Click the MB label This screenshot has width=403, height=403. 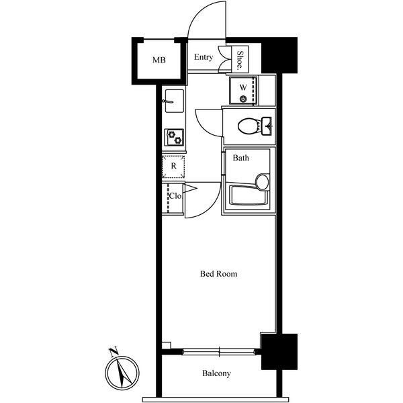pyautogui.click(x=159, y=60)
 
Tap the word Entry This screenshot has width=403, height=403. pyautogui.click(x=204, y=57)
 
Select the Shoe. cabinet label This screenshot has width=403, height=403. pyautogui.click(x=240, y=60)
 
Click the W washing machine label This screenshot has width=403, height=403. pyautogui.click(x=242, y=87)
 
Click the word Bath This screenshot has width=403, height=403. pyautogui.click(x=241, y=159)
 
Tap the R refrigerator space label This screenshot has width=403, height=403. pyautogui.click(x=173, y=165)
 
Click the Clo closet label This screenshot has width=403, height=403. pyautogui.click(x=174, y=196)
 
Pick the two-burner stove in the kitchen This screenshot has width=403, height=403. pyautogui.click(x=174, y=137)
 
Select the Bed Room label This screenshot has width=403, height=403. pyautogui.click(x=218, y=274)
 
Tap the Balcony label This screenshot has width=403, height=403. pyautogui.click(x=216, y=373)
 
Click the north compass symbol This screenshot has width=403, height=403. pyautogui.click(x=122, y=372)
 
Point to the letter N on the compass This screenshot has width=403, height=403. pyautogui.click(x=114, y=351)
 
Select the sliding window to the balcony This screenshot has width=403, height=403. pyautogui.click(x=219, y=350)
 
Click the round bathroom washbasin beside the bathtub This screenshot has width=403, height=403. pyautogui.click(x=262, y=181)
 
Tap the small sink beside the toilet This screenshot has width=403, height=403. pyautogui.click(x=268, y=125)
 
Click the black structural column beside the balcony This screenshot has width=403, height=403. pyautogui.click(x=279, y=351)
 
